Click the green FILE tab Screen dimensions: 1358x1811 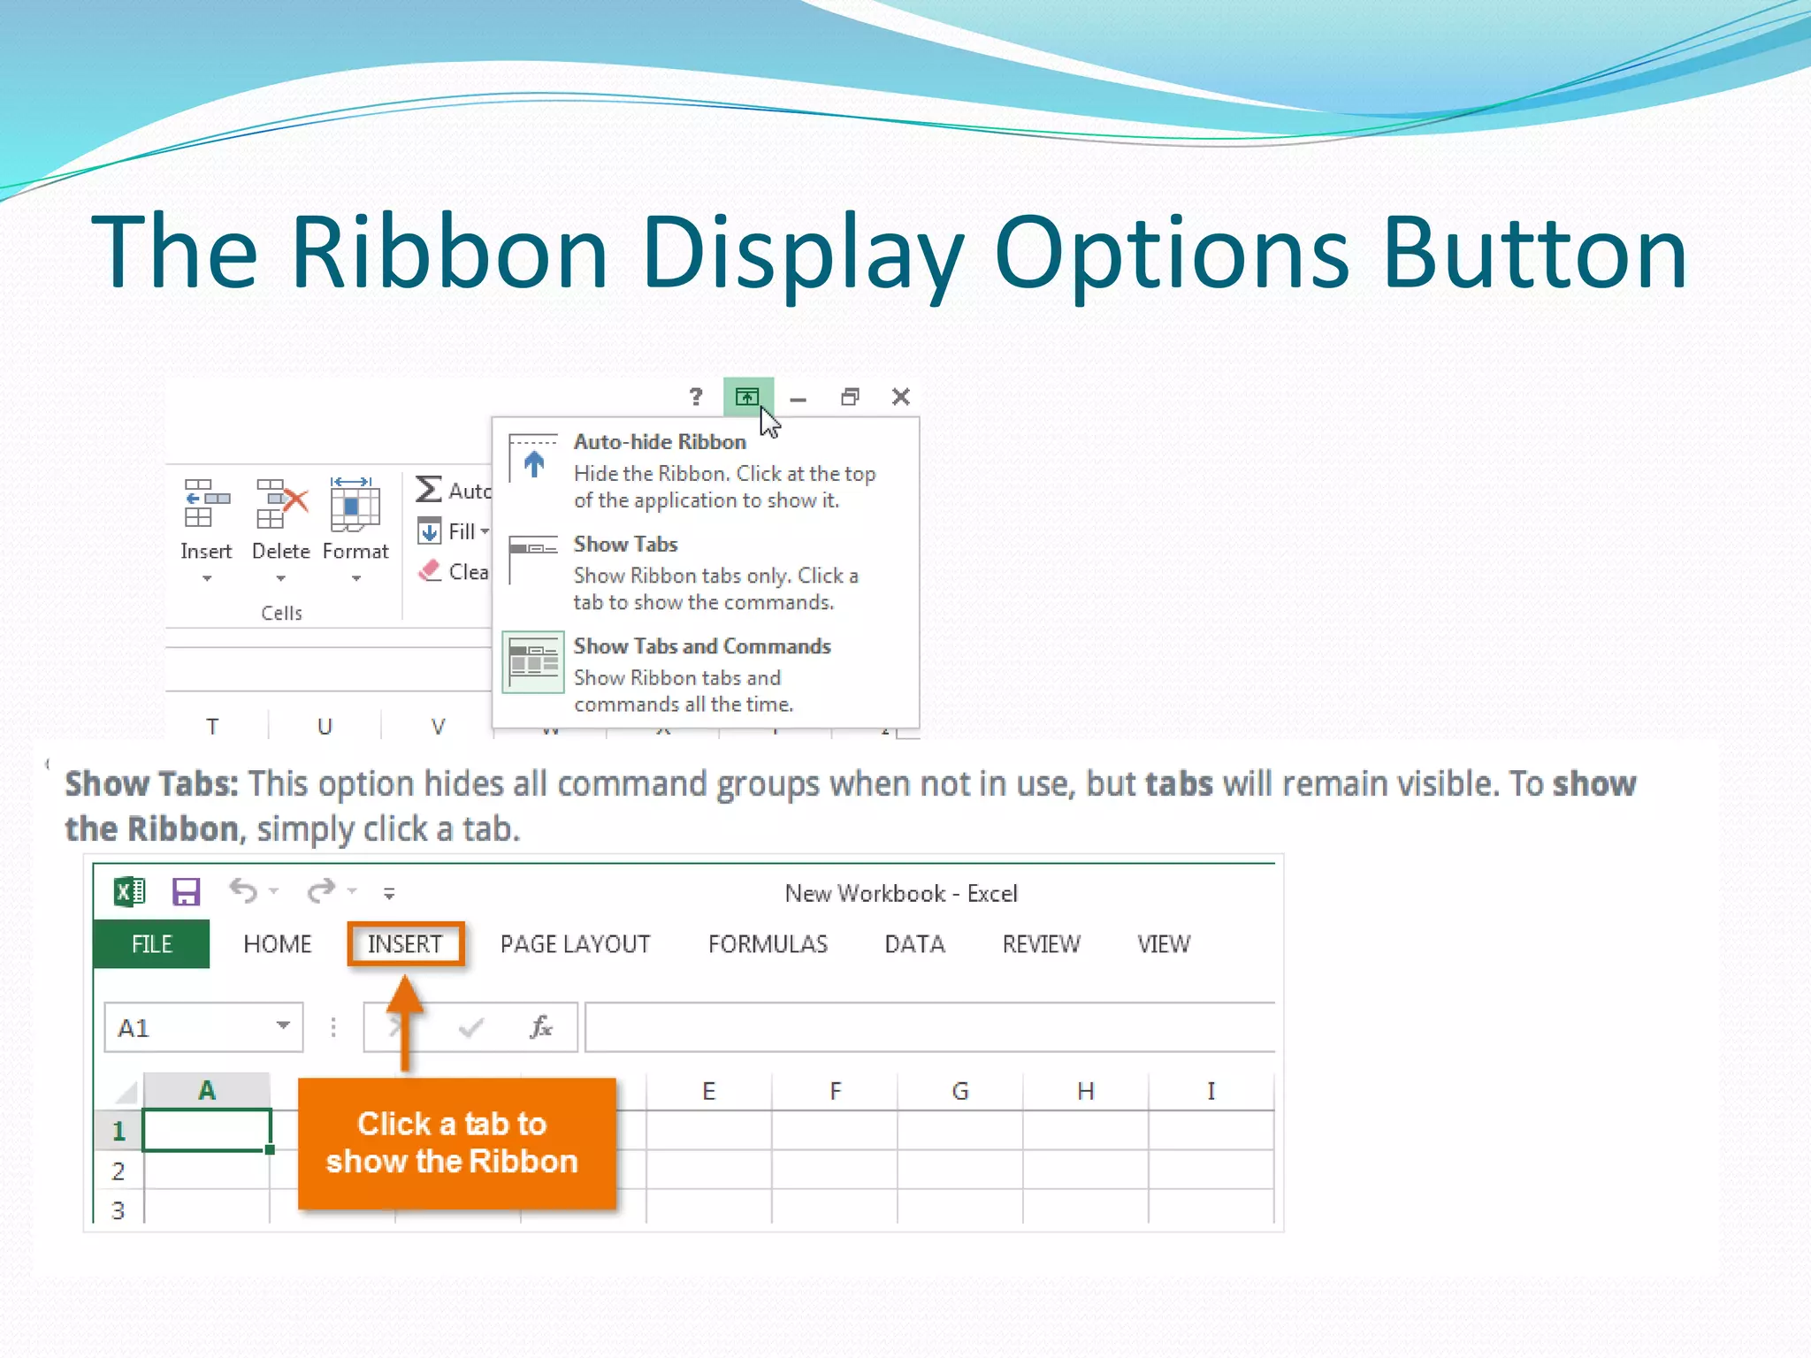[151, 944]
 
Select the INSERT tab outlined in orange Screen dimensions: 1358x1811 [405, 944]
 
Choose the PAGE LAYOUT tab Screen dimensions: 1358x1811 [575, 944]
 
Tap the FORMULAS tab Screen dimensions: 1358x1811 [768, 944]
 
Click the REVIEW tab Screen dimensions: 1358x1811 [1041, 944]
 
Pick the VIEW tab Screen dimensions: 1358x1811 [1164, 944]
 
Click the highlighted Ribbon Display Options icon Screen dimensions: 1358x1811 [747, 397]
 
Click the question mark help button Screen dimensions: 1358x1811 [696, 397]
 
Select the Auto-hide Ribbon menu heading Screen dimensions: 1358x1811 [660, 442]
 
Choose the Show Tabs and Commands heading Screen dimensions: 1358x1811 [702, 646]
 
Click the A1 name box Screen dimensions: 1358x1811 [190, 1027]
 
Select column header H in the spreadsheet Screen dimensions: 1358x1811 [1085, 1091]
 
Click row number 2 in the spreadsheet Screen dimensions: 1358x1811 [118, 1171]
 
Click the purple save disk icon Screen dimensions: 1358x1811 [186, 892]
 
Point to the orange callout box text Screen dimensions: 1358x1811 [452, 1142]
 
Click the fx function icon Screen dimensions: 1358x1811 [540, 1027]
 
